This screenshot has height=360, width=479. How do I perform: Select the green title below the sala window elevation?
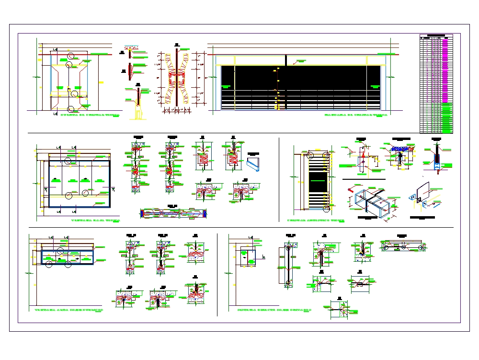96,221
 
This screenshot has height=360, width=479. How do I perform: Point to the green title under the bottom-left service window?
69,310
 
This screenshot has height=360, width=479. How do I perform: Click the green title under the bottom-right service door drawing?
274,310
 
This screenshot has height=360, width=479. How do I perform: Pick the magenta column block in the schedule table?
446,72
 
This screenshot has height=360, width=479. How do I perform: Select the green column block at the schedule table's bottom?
446,120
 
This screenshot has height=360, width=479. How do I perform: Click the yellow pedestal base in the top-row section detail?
138,114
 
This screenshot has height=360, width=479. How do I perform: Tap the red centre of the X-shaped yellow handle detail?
177,77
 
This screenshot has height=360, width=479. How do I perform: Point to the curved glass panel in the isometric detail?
422,192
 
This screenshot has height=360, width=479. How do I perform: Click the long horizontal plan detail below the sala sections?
173,213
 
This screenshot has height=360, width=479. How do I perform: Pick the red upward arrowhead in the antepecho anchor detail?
364,156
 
